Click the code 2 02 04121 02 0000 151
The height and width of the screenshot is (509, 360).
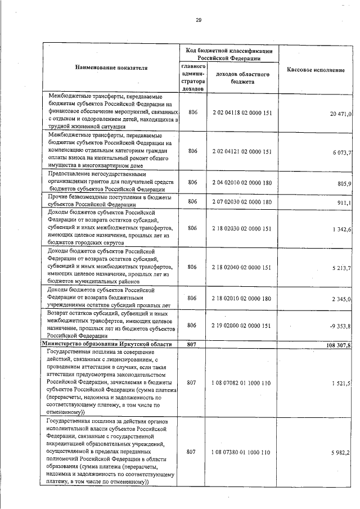point(242,151)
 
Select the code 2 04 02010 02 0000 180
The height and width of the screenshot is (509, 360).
point(242,183)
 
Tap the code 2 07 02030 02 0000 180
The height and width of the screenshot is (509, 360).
point(242,201)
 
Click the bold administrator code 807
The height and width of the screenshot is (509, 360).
point(193,344)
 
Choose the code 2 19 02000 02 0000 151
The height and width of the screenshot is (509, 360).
point(242,325)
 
